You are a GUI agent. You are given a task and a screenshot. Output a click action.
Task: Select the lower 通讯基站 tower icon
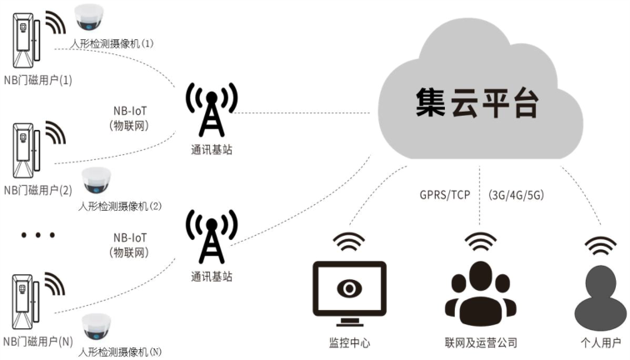click(211, 238)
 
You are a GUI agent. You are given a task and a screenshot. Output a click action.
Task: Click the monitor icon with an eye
click(348, 288)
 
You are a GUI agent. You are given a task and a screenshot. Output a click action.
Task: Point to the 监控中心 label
click(348, 342)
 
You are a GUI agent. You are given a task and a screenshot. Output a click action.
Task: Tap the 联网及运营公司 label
click(481, 342)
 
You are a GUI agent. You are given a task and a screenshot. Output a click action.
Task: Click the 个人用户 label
click(601, 342)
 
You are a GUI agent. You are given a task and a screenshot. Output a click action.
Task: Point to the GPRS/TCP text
click(446, 194)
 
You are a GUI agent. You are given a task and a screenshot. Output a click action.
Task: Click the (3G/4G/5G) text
click(517, 194)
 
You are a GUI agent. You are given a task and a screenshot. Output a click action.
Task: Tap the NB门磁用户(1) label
click(38, 81)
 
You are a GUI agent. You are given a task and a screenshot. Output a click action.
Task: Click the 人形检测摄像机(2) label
click(119, 206)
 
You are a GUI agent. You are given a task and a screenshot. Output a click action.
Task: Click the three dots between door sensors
click(37, 236)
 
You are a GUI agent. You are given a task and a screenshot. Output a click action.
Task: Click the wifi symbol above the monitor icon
click(348, 242)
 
